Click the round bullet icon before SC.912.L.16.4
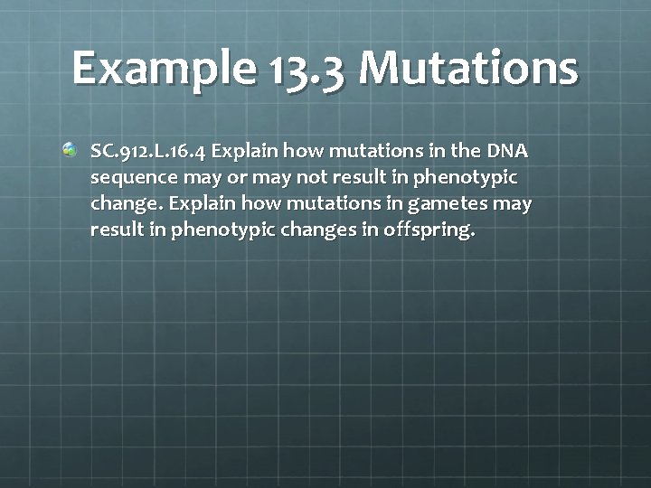coord(71,147)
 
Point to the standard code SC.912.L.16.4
coord(148,149)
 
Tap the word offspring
coord(429,230)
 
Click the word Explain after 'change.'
coord(189,203)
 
